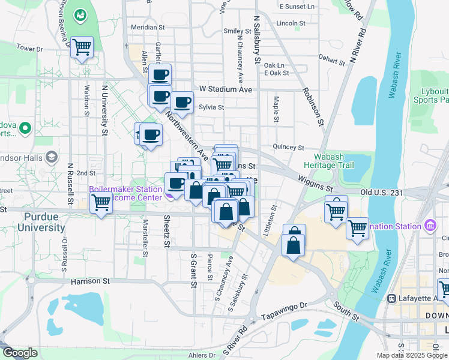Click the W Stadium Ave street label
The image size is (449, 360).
point(226,89)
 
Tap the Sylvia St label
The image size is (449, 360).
point(211,108)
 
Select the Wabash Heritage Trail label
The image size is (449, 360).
point(329,161)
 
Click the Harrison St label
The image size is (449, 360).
point(90,280)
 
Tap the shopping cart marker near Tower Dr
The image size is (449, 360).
point(82,47)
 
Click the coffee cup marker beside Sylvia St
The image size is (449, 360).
point(181,103)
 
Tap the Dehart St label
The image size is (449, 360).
point(332,58)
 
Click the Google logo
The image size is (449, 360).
point(20,353)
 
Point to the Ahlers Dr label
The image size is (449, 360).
point(200,355)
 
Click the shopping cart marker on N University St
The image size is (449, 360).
point(101,202)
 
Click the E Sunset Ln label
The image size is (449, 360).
point(297,7)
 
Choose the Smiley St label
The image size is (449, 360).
point(237,31)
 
